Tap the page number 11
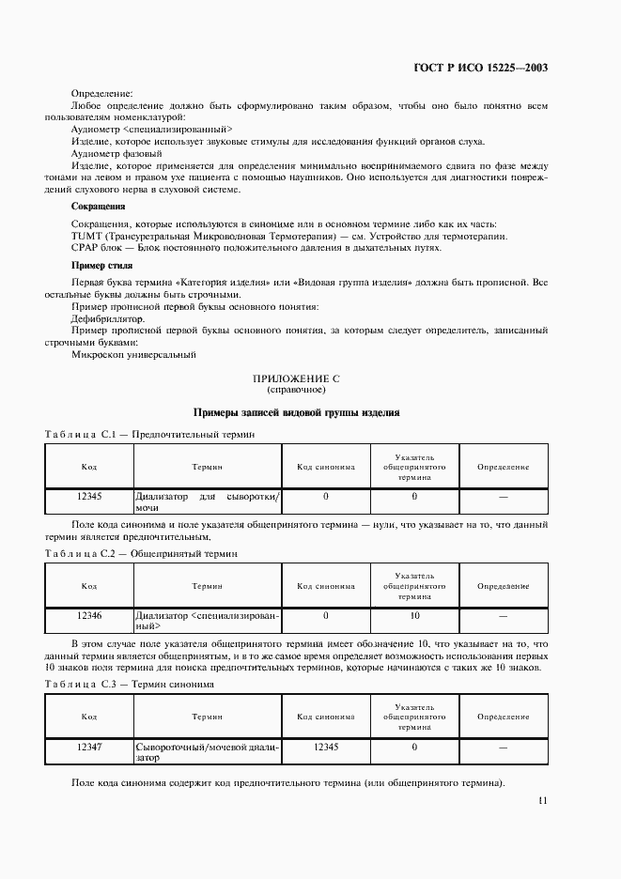pos(542,800)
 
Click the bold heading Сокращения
pos(99,206)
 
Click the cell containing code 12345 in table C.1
pos(89,495)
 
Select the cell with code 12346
pos(89,616)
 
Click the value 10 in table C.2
pos(413,616)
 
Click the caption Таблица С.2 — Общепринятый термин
pos(141,554)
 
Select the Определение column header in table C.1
pos(503,467)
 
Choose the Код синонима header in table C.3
pos(326,717)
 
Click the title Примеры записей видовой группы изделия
pos(296,412)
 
